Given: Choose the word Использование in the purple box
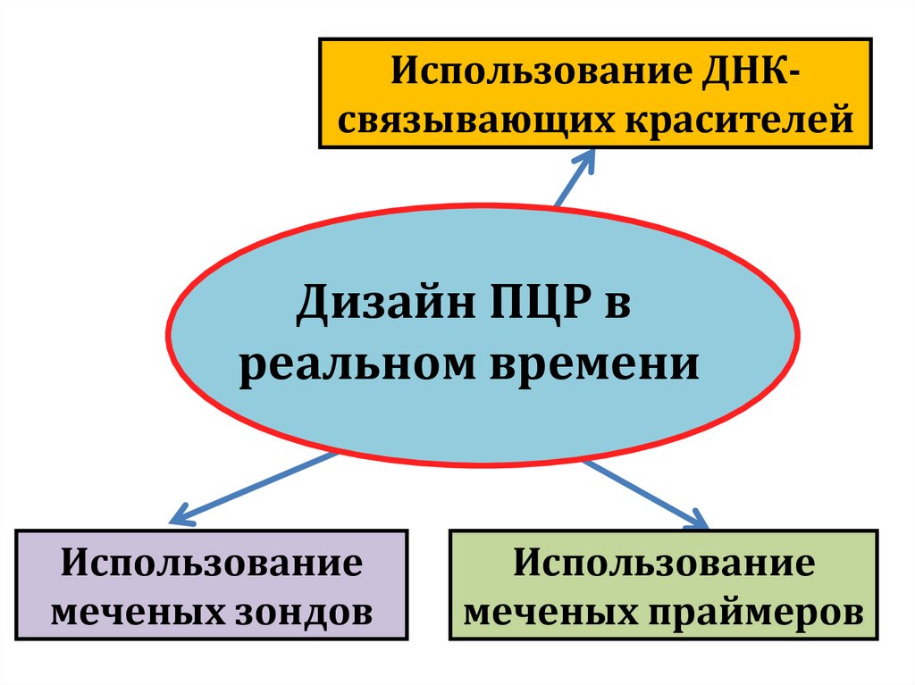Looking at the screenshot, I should coord(213,565).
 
